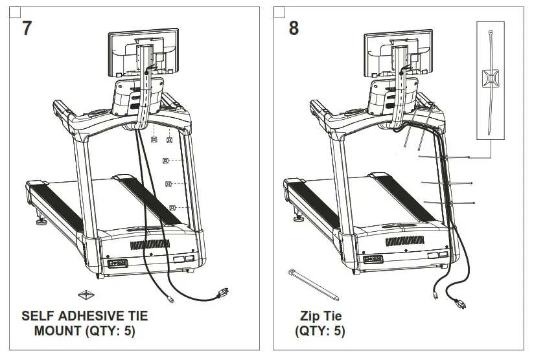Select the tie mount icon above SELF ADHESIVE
click(x=86, y=295)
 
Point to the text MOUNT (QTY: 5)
click(x=84, y=332)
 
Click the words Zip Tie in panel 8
click(x=320, y=317)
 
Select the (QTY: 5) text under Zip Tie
click(x=320, y=332)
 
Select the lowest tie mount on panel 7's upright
click(x=173, y=207)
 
